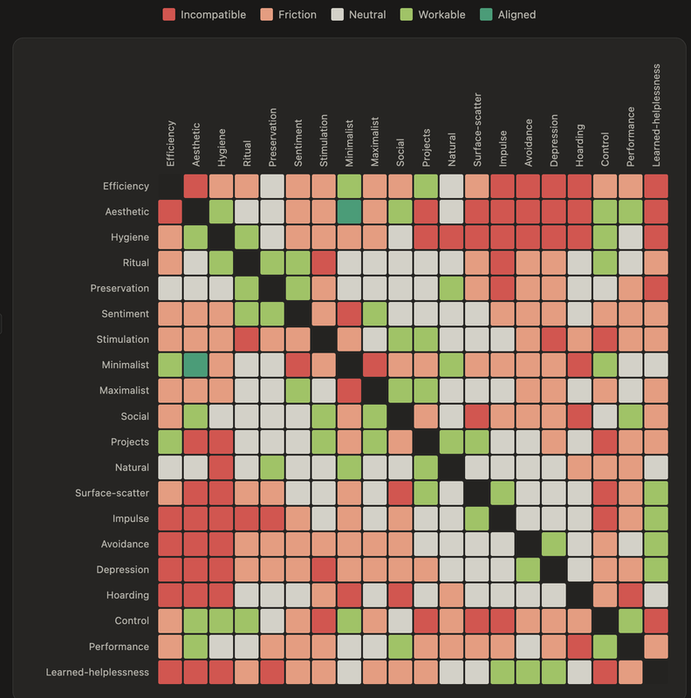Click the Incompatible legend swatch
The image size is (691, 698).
point(169,15)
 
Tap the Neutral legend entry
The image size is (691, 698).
point(366,15)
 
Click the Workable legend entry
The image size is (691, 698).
point(441,15)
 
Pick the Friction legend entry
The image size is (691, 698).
point(298,15)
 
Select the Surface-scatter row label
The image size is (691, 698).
point(113,493)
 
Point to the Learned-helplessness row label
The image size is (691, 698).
point(98,672)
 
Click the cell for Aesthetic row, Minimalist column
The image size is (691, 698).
point(349,211)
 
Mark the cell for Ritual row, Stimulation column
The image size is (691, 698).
point(324,263)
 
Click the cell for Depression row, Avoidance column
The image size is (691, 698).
point(528,570)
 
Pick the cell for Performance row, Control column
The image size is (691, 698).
point(605,647)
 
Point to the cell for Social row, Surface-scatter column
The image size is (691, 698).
point(477,416)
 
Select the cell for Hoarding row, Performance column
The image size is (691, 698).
point(630,595)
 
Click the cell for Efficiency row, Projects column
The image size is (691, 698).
point(426,186)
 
